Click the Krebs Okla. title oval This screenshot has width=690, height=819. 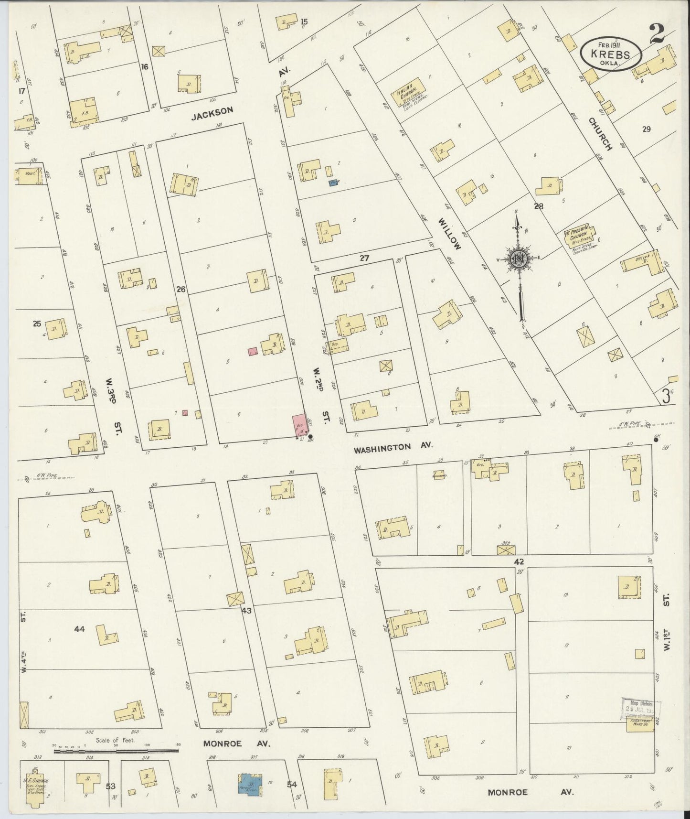point(611,54)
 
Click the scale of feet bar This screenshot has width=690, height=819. point(116,751)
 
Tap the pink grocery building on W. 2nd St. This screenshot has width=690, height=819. point(299,425)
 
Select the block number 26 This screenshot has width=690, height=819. point(180,289)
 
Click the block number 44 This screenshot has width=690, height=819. point(79,629)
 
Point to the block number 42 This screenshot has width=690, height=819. point(519,561)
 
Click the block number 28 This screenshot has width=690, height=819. point(539,206)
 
